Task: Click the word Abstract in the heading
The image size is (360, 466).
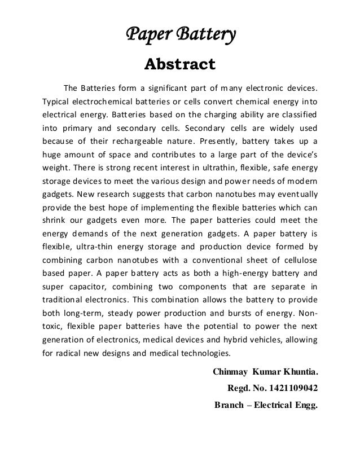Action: point(180,63)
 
